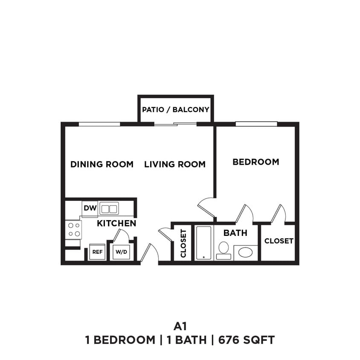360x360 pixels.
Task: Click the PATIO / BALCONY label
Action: pyautogui.click(x=175, y=110)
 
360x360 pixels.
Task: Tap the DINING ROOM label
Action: pyautogui.click(x=102, y=164)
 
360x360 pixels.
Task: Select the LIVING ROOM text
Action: pyautogui.click(x=175, y=164)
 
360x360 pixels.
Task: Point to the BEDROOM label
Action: pyautogui.click(x=255, y=162)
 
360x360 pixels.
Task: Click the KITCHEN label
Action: pyautogui.click(x=116, y=223)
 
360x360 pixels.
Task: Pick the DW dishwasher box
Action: pyautogui.click(x=90, y=209)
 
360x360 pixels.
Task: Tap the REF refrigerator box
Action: pyautogui.click(x=97, y=252)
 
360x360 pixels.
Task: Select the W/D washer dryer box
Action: pyautogui.click(x=121, y=252)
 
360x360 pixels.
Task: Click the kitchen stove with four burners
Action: pyautogui.click(x=74, y=229)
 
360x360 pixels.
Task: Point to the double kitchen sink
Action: pyautogui.click(x=109, y=209)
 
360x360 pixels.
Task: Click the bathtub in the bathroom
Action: pyautogui.click(x=203, y=243)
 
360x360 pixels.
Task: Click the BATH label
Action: pyautogui.click(x=235, y=233)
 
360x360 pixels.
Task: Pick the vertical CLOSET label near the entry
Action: pyautogui.click(x=183, y=244)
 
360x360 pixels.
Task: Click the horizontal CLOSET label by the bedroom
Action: pyautogui.click(x=279, y=241)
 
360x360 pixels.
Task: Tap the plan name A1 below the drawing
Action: pyautogui.click(x=180, y=326)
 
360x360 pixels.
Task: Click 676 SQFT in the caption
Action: pyautogui.click(x=246, y=340)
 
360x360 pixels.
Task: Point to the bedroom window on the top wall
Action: pyautogui.click(x=256, y=124)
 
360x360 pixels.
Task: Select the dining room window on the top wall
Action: pyautogui.click(x=99, y=124)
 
